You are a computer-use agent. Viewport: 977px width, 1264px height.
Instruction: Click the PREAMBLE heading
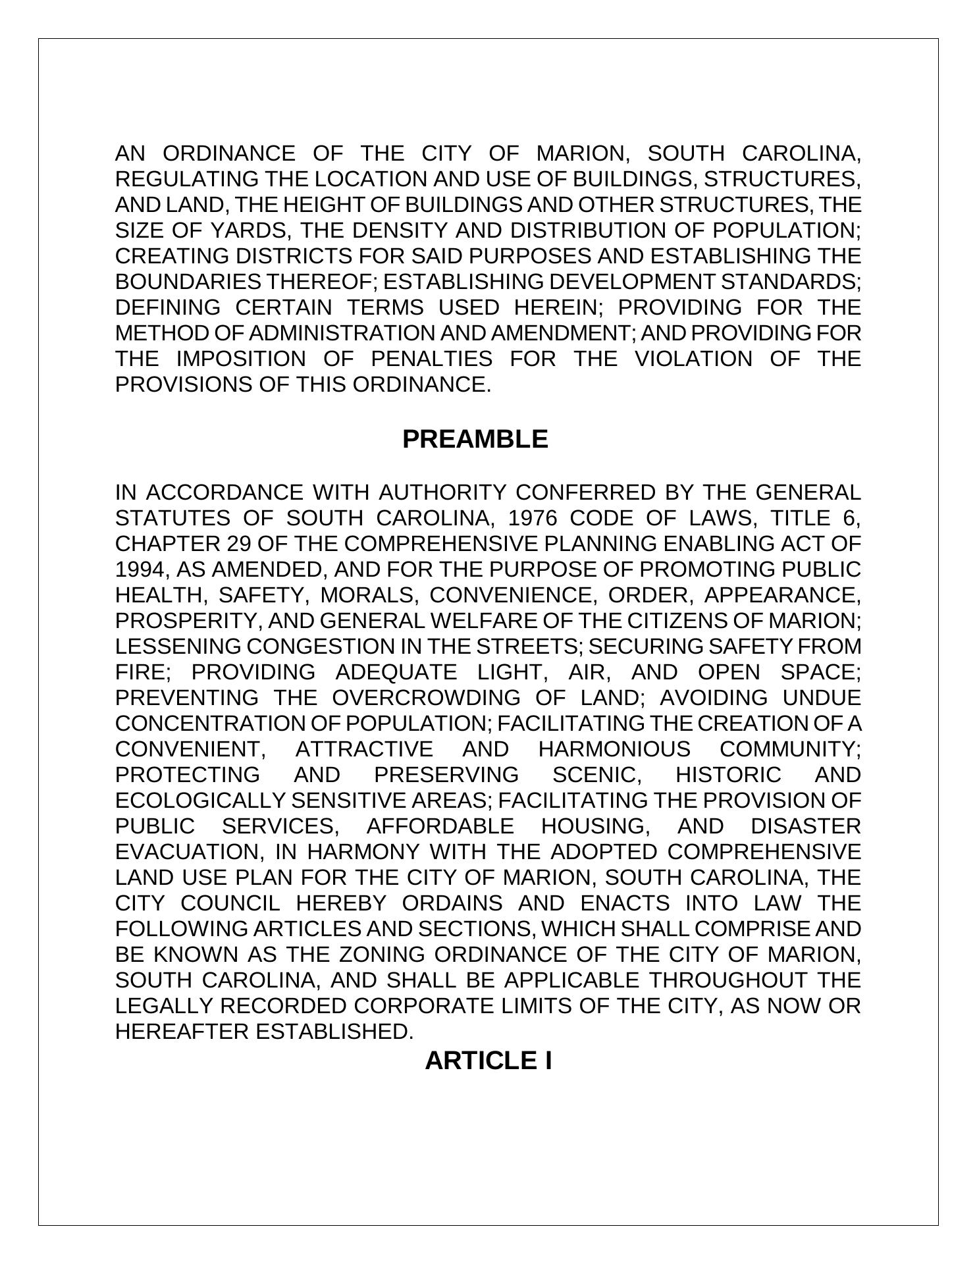pyautogui.click(x=475, y=439)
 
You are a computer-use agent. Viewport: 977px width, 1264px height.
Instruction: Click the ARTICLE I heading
pyautogui.click(x=488, y=1061)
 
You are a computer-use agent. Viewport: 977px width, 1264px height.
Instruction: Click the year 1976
pyautogui.click(x=533, y=518)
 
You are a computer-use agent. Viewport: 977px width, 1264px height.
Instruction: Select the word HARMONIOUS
pyautogui.click(x=614, y=749)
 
